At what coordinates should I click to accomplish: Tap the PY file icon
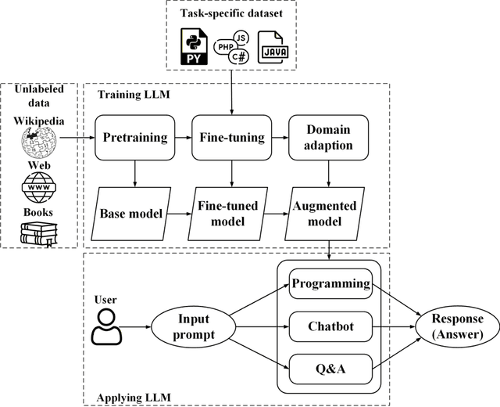(x=194, y=47)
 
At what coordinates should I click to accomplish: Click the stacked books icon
(x=38, y=232)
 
